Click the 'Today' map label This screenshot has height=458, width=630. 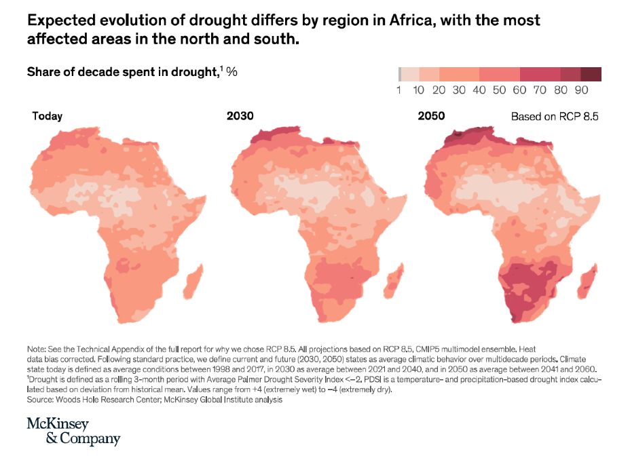[48, 116]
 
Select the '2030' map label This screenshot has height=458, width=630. [240, 116]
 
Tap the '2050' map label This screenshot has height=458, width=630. [431, 116]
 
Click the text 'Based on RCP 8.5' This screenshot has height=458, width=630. [554, 117]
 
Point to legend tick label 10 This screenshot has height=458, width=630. [419, 90]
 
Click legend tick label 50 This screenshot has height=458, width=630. [500, 90]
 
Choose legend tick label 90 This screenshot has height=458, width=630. [581, 90]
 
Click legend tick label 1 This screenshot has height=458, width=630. [399, 90]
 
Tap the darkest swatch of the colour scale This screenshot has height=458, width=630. [591, 75]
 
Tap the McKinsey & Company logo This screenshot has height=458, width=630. [73, 431]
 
